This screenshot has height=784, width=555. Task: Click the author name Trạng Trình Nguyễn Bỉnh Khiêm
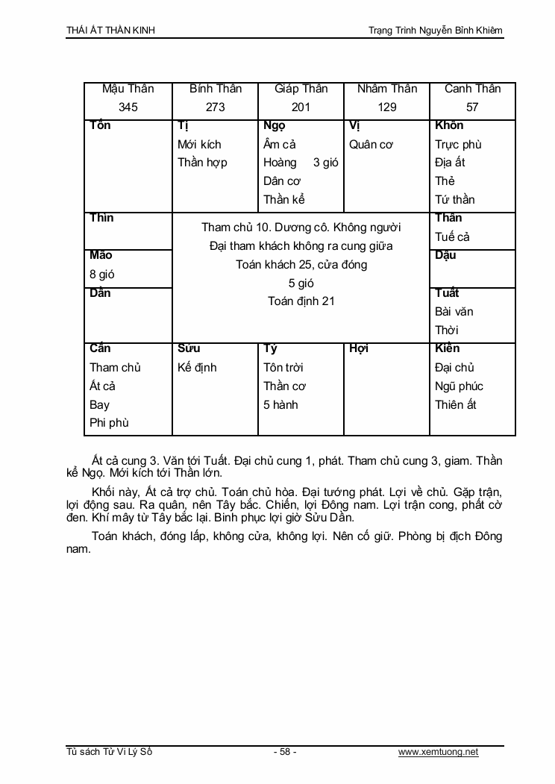tap(436, 31)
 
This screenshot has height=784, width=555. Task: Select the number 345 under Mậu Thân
tap(128, 107)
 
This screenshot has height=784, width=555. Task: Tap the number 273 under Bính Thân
tap(215, 107)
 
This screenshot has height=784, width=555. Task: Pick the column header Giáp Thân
tap(301, 89)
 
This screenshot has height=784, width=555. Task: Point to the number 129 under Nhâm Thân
tap(387, 107)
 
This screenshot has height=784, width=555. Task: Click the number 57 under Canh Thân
tap(472, 107)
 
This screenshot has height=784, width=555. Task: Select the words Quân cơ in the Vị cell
tap(371, 145)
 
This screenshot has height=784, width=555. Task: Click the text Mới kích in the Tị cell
tap(199, 145)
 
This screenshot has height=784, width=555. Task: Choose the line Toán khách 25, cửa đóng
tap(301, 265)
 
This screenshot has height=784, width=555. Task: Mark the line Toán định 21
tap(301, 301)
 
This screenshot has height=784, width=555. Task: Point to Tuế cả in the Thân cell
tap(451, 237)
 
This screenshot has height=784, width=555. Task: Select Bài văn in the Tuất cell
tap(454, 312)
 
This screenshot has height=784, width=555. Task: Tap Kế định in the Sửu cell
tap(197, 368)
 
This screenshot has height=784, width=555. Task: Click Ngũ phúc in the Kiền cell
tap(459, 386)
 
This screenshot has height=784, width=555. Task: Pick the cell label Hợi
tap(359, 349)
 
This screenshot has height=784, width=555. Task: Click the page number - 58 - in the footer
tap(285, 752)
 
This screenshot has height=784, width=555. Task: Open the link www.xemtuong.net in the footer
tap(438, 752)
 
